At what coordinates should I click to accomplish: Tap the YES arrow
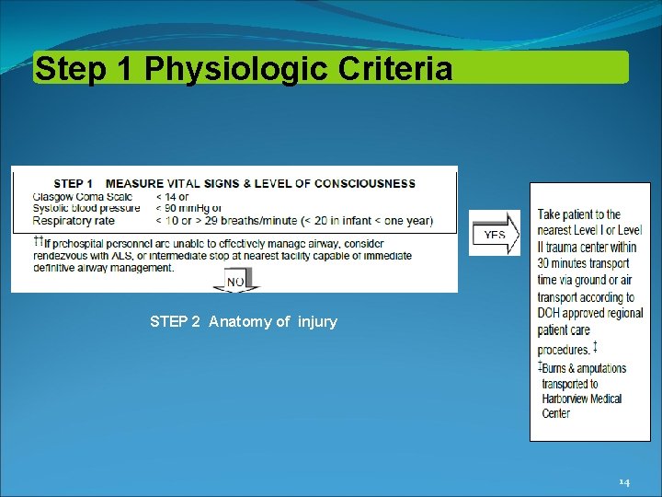point(495,234)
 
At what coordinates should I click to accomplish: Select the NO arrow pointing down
point(236,282)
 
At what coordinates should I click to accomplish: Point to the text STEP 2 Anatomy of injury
point(244,321)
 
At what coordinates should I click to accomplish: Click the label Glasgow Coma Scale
point(83,196)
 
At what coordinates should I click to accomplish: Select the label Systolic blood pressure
point(86,208)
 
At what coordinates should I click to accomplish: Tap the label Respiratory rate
point(73,220)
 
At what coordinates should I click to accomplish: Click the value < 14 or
point(172,196)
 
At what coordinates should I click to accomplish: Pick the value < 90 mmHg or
point(188,208)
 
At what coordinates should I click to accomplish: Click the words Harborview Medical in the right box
point(582,399)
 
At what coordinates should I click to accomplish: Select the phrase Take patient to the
point(579,214)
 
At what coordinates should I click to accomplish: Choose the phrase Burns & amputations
point(584,368)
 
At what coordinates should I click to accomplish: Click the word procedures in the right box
point(564,350)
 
